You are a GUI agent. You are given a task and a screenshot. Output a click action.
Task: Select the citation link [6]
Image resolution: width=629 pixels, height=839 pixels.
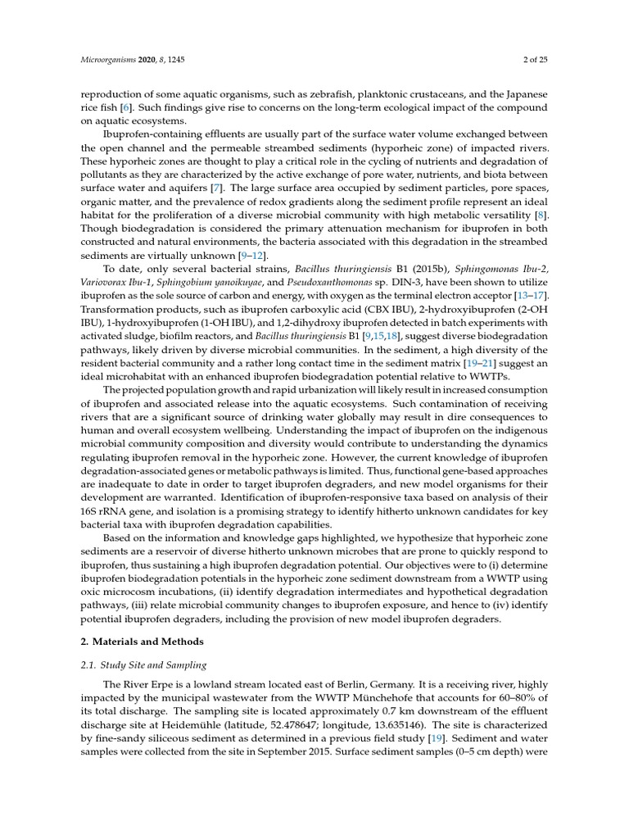[x=126, y=108]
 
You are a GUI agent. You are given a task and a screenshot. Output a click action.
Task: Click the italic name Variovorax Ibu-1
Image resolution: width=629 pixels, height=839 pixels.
[x=111, y=281]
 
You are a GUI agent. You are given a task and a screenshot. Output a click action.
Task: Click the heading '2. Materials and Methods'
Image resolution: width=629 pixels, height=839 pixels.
[x=139, y=642]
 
